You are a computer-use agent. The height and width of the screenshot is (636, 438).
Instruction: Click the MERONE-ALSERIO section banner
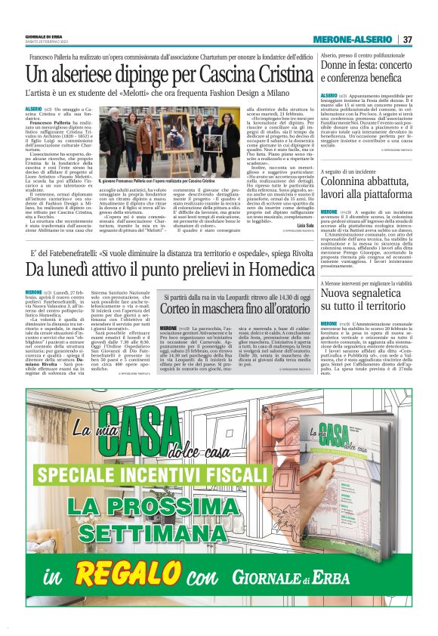coord(353,39)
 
